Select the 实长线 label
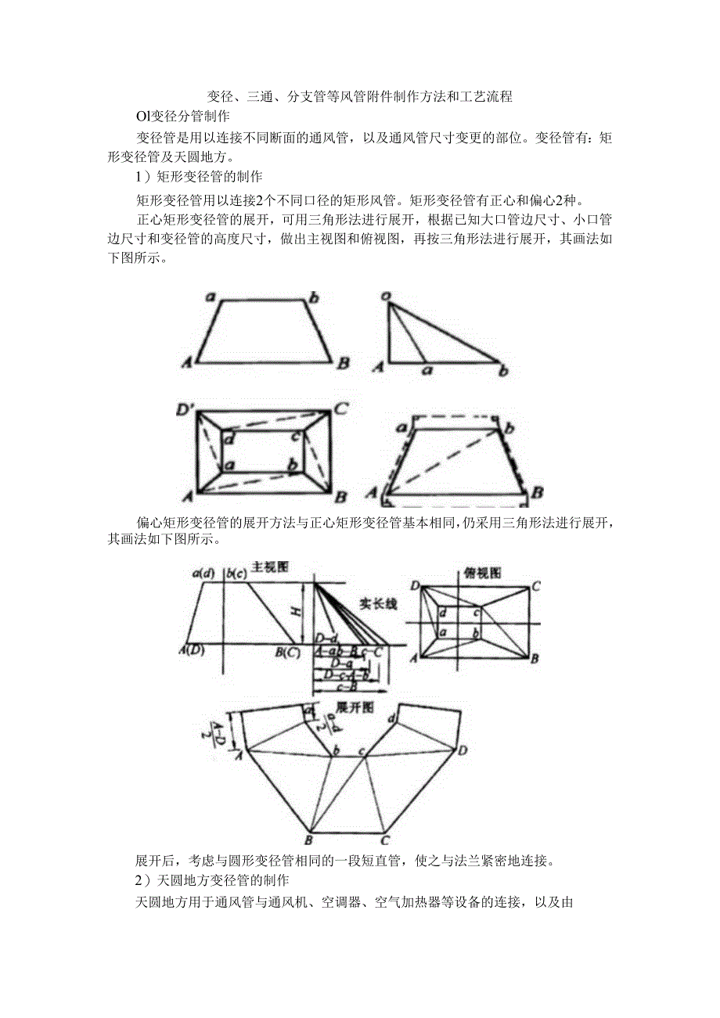[378, 603]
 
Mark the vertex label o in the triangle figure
[386, 296]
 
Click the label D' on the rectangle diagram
[188, 409]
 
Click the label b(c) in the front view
[236, 574]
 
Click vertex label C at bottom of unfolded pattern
[385, 840]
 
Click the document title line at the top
[359, 97]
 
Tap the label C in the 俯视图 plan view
[536, 585]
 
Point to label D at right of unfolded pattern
[463, 750]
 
